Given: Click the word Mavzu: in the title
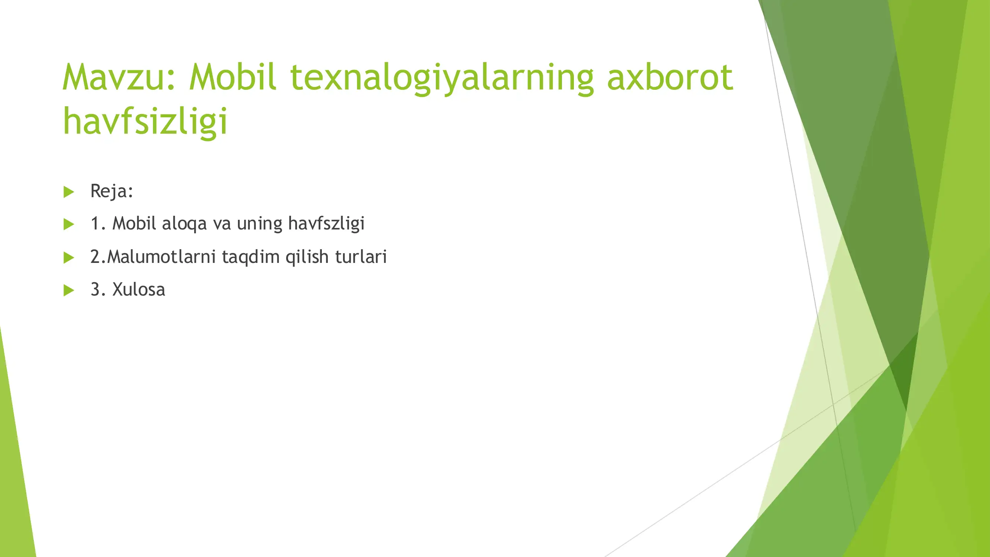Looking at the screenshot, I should click(x=119, y=78).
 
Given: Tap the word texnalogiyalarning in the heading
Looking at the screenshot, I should click(x=442, y=79).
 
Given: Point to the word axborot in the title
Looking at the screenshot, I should click(x=670, y=78).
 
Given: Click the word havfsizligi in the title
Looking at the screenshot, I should click(x=145, y=121).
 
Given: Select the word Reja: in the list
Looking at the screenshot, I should click(x=111, y=191).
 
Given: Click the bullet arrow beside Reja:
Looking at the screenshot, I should click(x=69, y=192).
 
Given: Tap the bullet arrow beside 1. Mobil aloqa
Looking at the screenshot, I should click(x=69, y=224).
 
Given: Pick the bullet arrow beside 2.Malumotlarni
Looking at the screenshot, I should click(x=69, y=257).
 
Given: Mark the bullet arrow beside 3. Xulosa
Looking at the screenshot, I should click(x=69, y=290).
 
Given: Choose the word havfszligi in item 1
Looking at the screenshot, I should click(x=326, y=224).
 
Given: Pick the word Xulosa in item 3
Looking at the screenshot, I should click(x=138, y=290).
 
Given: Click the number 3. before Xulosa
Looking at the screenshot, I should click(x=98, y=290).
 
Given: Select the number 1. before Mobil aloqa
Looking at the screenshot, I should click(x=98, y=224).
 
